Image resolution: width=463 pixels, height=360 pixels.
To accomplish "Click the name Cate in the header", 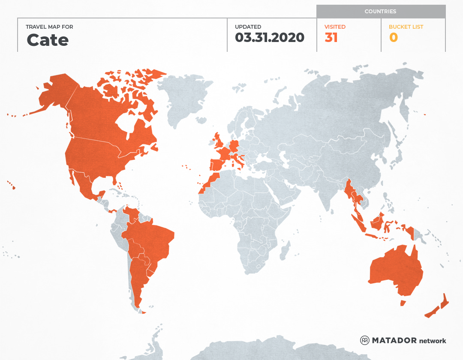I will (x=47, y=40).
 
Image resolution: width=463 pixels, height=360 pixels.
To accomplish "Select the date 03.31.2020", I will (x=269, y=38).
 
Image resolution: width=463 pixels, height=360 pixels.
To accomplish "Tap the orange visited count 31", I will (x=331, y=38).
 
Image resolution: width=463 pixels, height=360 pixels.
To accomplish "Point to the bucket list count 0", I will (x=393, y=38).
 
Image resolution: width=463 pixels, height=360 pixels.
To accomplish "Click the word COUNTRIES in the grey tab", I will (x=380, y=12).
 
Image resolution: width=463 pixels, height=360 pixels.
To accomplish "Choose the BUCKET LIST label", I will (x=406, y=27).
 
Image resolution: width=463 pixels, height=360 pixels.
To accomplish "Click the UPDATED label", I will (x=248, y=27).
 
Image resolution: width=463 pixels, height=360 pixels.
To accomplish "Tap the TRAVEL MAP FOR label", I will (x=49, y=27).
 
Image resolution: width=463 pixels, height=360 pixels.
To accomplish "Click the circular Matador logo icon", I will (x=364, y=340).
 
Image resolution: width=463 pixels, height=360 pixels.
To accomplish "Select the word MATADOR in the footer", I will (x=394, y=341).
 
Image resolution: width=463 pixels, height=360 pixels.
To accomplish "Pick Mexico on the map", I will (x=84, y=184).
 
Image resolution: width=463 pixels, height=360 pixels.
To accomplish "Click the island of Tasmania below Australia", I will (x=403, y=303).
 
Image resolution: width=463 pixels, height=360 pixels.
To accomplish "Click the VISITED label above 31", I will (x=335, y=27).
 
